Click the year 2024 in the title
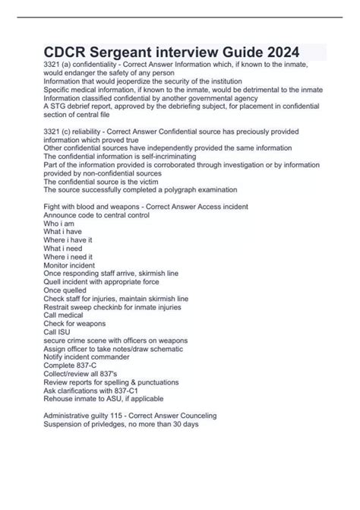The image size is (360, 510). click(x=271, y=52)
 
